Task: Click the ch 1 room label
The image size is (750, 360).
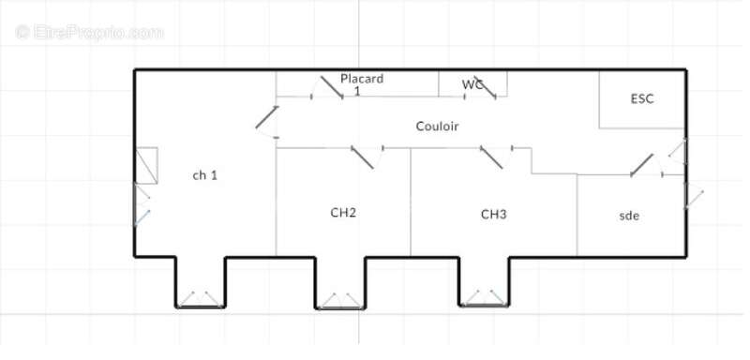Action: [x=204, y=175]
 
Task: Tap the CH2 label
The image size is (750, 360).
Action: [x=343, y=212]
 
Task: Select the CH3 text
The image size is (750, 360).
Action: [x=493, y=214]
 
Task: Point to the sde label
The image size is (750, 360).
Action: [x=629, y=216]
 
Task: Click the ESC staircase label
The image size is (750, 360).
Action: [x=642, y=99]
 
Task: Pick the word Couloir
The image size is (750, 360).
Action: [x=437, y=127]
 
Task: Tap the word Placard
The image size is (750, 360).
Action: [x=362, y=79]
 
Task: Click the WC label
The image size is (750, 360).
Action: [x=472, y=84]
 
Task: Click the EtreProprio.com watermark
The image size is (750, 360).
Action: [x=89, y=33]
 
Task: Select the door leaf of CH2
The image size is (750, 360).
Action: [x=362, y=157]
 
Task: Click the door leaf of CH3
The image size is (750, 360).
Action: [x=491, y=157]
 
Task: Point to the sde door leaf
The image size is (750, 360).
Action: [x=642, y=165]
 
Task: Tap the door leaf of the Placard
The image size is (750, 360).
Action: [x=332, y=87]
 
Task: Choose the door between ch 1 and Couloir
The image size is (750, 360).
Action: [x=267, y=117]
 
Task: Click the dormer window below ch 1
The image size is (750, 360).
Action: [x=200, y=299]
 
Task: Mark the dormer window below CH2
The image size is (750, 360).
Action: [x=340, y=301]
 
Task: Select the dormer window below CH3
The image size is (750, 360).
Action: [x=484, y=297]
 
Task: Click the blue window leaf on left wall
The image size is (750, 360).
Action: [x=142, y=217]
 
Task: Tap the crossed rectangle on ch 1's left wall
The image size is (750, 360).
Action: [x=146, y=165]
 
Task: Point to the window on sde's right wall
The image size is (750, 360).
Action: [x=694, y=195]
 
